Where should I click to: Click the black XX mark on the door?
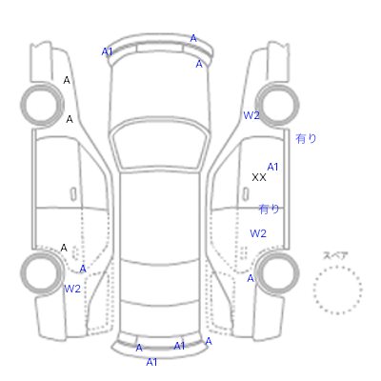pyautogui.click(x=259, y=177)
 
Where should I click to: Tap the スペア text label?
pyautogui.click(x=335, y=255)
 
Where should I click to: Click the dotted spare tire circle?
pyautogui.click(x=337, y=291)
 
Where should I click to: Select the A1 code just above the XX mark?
pyautogui.click(x=272, y=167)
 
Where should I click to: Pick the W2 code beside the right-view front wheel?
pyautogui.click(x=251, y=115)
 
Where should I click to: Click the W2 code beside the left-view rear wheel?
pyautogui.click(x=72, y=289)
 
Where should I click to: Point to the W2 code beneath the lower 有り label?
pyautogui.click(x=258, y=233)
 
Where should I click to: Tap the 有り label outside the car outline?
pyautogui.click(x=306, y=138)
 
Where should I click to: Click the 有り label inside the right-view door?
pyautogui.click(x=269, y=209)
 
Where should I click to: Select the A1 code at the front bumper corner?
pyautogui.click(x=107, y=51)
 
